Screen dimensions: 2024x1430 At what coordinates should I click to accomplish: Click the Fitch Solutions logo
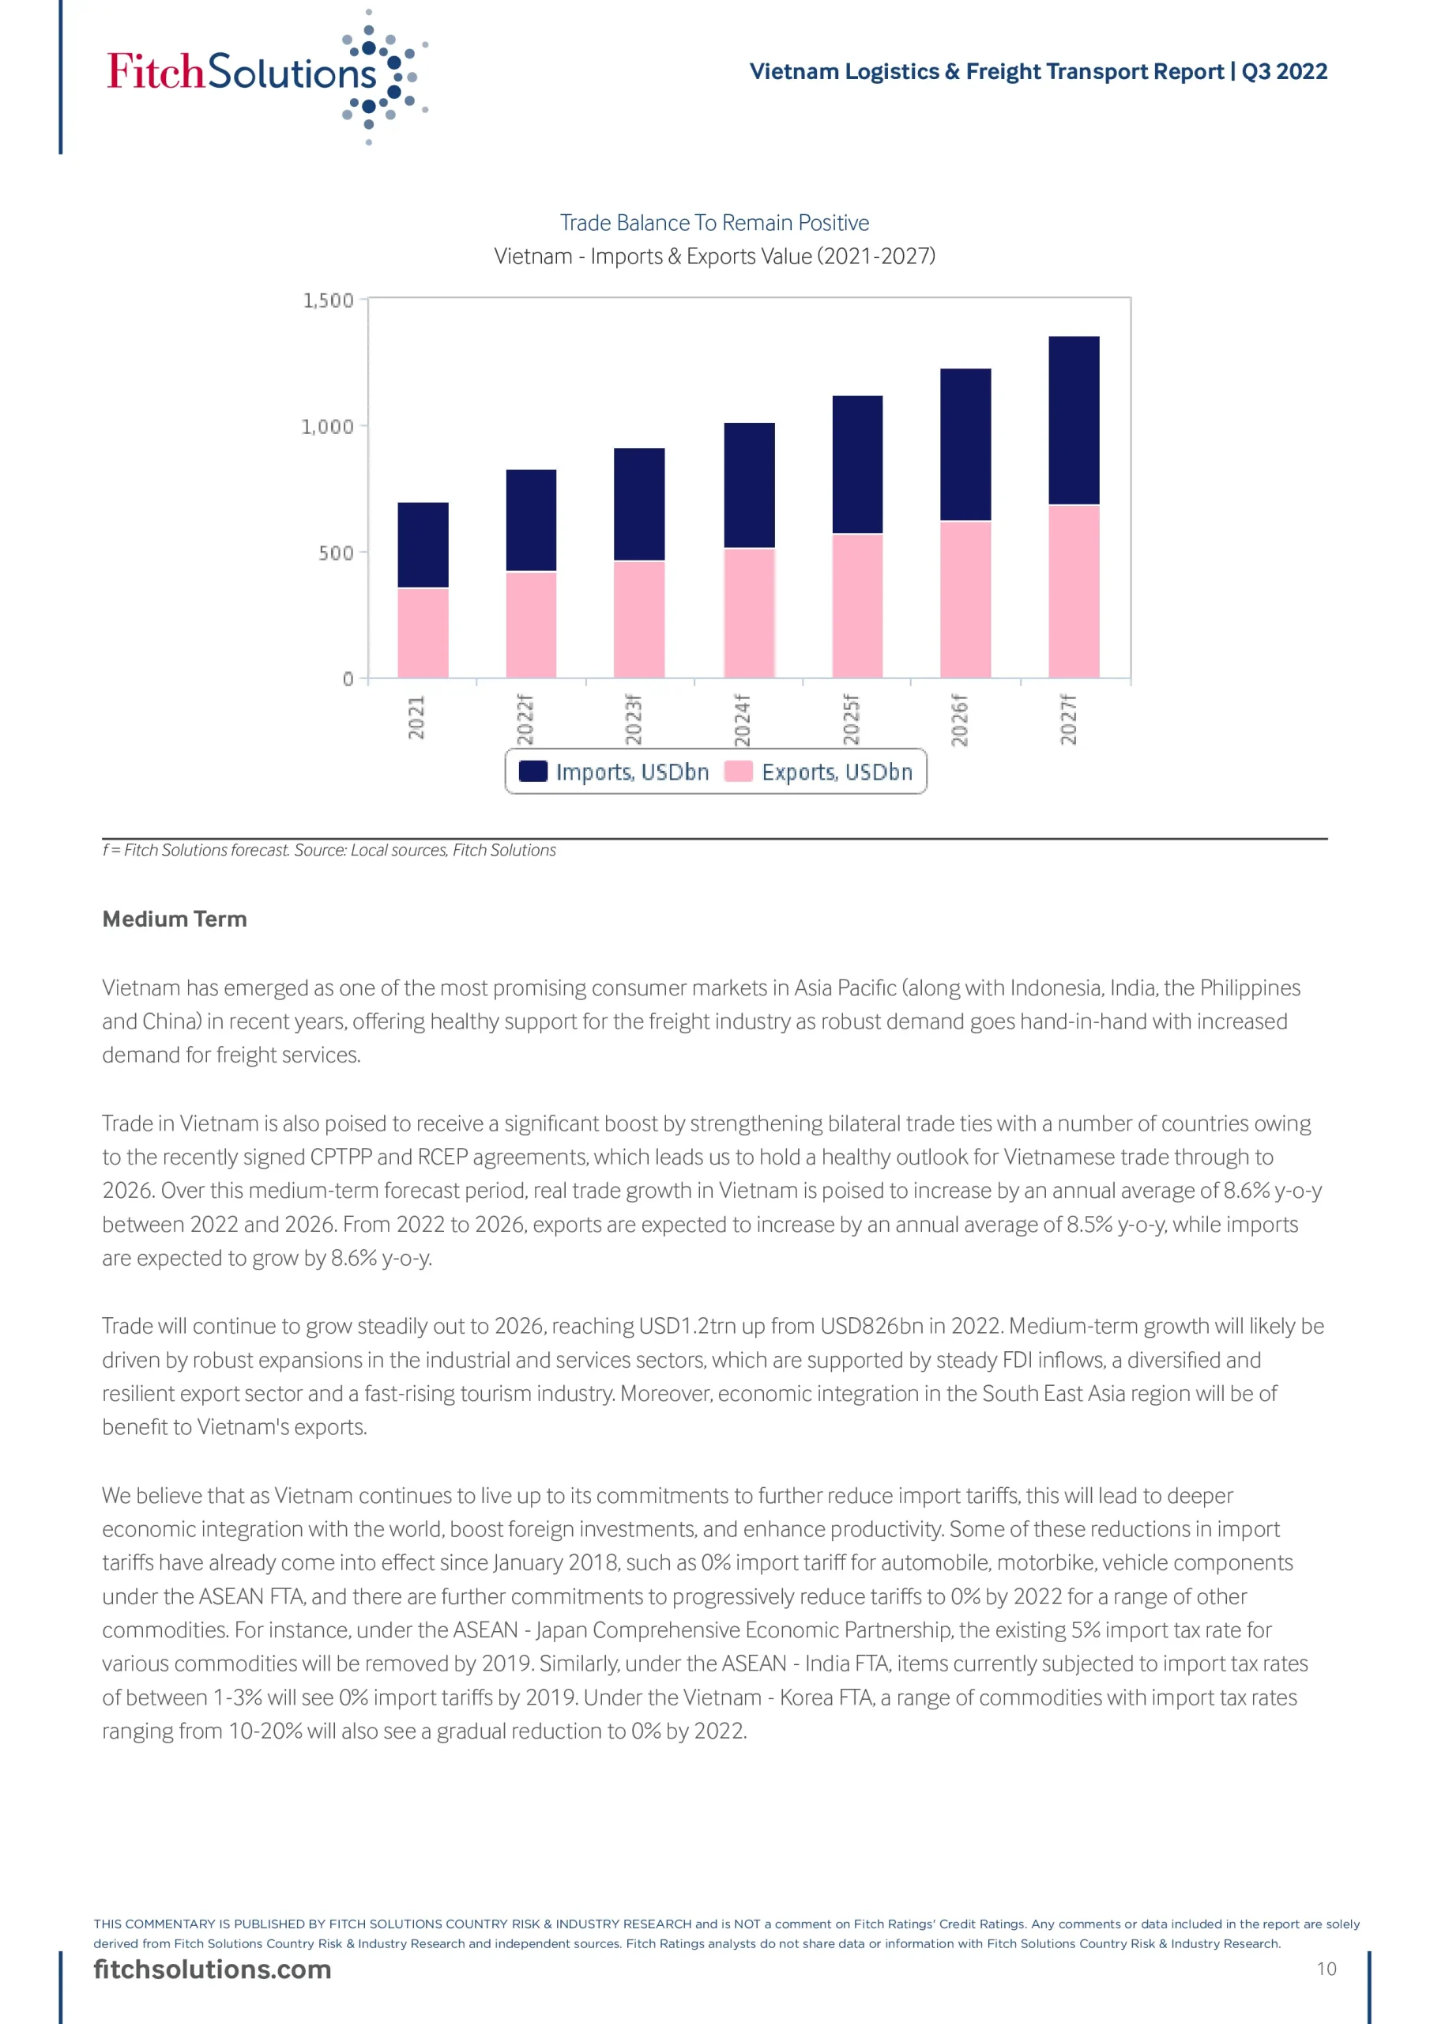(x=265, y=75)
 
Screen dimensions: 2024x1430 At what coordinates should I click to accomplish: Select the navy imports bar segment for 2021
(x=423, y=545)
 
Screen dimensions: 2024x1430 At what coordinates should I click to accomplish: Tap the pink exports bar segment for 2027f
(x=1073, y=591)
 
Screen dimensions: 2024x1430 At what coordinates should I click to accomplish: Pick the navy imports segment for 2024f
(x=749, y=485)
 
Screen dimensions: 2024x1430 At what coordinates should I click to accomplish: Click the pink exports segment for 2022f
(x=531, y=624)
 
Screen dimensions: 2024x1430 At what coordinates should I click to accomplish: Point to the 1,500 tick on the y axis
(x=328, y=300)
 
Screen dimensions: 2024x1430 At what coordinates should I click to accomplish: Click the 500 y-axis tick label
(x=336, y=553)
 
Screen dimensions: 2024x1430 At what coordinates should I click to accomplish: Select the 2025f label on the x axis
(x=850, y=719)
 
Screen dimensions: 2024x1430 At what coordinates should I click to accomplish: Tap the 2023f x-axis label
(x=634, y=719)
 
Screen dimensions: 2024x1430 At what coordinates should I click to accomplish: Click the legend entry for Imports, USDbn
(x=614, y=772)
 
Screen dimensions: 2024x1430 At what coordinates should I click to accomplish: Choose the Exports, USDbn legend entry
(x=818, y=772)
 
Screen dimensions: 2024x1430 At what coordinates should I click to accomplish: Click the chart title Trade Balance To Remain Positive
(x=713, y=223)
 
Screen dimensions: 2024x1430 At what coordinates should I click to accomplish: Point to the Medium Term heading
(x=175, y=919)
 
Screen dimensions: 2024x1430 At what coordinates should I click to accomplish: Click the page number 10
(x=1326, y=1969)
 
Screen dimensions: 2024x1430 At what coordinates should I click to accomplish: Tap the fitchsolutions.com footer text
(x=213, y=1969)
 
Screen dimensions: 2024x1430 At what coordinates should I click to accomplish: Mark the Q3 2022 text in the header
(x=1284, y=71)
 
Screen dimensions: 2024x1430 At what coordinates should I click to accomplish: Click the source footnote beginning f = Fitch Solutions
(x=329, y=850)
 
